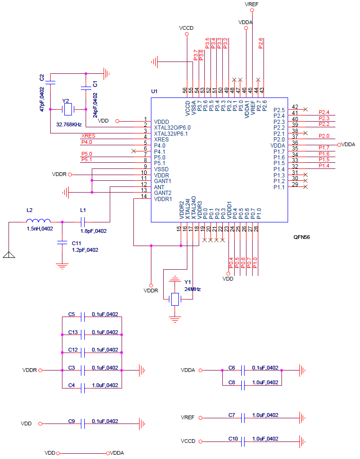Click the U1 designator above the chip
[x=154, y=91]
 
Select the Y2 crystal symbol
[x=68, y=109]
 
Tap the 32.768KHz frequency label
[x=69, y=125]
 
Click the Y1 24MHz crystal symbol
[x=176, y=299]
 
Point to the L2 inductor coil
[x=38, y=221]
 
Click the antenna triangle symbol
[x=9, y=255]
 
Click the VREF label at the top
[x=252, y=4]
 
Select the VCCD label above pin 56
[x=186, y=28]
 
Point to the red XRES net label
[x=88, y=136]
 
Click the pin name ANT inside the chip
[x=159, y=187]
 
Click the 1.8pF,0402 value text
[x=93, y=231]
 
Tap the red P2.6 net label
[x=261, y=43]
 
